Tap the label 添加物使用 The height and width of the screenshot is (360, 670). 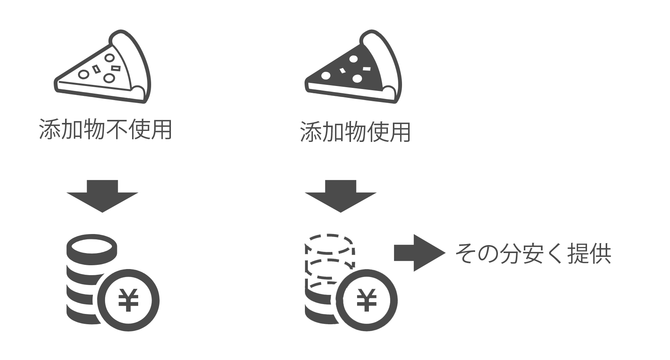tap(355, 132)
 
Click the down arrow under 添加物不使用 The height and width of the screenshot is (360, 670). tap(102, 196)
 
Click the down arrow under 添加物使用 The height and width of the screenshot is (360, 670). tap(340, 196)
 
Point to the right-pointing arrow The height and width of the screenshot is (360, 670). tap(420, 253)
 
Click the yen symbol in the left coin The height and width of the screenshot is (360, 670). tap(128, 300)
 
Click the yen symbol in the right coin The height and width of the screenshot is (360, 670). tap(367, 300)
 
